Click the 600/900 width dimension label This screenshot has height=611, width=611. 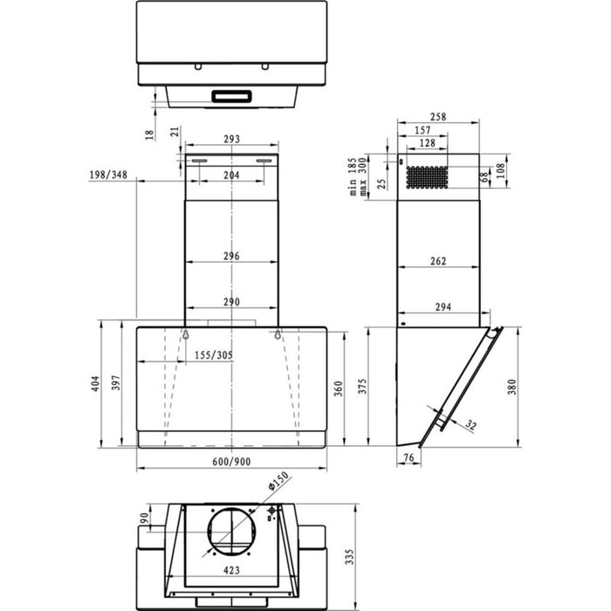tap(231, 462)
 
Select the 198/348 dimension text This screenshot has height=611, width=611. tap(108, 175)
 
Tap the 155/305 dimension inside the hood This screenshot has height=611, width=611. tap(214, 355)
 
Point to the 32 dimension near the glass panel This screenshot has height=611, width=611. tap(472, 425)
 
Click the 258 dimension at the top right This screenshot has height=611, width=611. tap(438, 117)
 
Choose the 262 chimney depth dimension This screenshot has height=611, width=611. tap(439, 260)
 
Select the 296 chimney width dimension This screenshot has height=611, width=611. tap(231, 257)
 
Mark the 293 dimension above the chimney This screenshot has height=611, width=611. tap(231, 140)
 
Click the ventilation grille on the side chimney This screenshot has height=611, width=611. tap(428, 177)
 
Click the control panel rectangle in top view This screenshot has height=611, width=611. tap(231, 95)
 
